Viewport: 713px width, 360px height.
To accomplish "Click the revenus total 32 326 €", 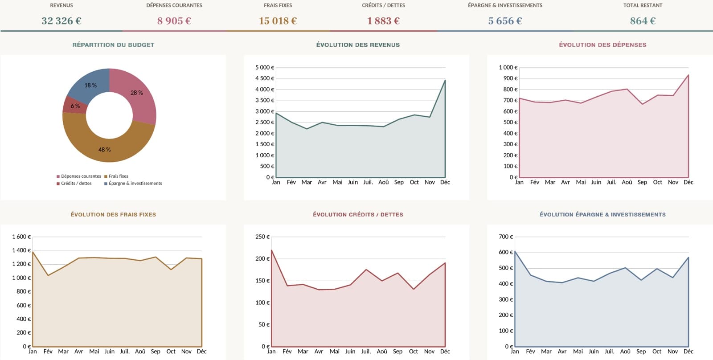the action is [x=61, y=20].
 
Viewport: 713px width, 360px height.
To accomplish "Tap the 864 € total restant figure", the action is [x=643, y=20].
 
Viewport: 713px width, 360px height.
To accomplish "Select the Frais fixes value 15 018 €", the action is [x=278, y=20].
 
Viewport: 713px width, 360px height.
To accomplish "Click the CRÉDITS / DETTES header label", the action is [x=383, y=5].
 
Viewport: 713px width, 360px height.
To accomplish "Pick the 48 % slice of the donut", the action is [x=105, y=148].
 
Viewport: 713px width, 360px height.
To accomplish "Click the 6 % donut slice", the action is [x=75, y=106].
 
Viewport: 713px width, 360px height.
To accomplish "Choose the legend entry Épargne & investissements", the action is [x=133, y=184].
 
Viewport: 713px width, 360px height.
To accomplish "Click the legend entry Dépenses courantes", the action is [x=78, y=176].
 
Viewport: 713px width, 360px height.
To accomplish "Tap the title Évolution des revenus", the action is [x=358, y=45].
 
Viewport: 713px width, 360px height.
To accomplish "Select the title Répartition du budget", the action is [x=113, y=45].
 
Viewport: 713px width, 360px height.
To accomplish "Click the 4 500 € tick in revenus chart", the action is [x=265, y=78].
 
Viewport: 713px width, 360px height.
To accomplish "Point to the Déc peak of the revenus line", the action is [x=445, y=80].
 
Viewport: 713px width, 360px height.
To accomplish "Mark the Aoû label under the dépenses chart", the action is [x=627, y=182].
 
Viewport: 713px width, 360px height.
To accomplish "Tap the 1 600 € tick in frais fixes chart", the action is [x=21, y=237].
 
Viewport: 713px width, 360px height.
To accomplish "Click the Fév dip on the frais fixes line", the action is [x=48, y=275].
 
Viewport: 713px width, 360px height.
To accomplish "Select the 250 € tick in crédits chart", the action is [x=262, y=237].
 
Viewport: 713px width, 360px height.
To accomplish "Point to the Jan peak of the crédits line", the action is [x=271, y=250].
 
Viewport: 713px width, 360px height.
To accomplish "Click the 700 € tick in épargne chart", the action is [x=506, y=237].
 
